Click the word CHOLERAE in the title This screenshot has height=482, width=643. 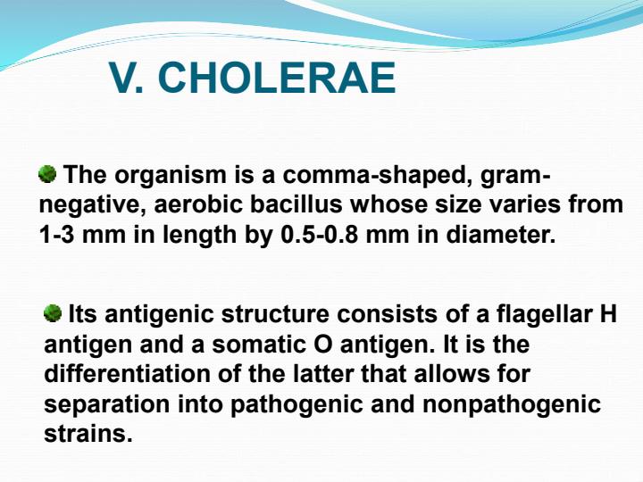(x=277, y=79)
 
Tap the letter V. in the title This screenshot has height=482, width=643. (x=129, y=79)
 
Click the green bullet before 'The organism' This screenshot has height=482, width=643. (x=48, y=172)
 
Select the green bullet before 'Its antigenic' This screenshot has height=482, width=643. (x=53, y=314)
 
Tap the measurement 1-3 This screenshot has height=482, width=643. (x=59, y=236)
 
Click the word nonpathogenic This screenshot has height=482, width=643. (x=516, y=404)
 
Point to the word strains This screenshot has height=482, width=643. (x=88, y=435)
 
